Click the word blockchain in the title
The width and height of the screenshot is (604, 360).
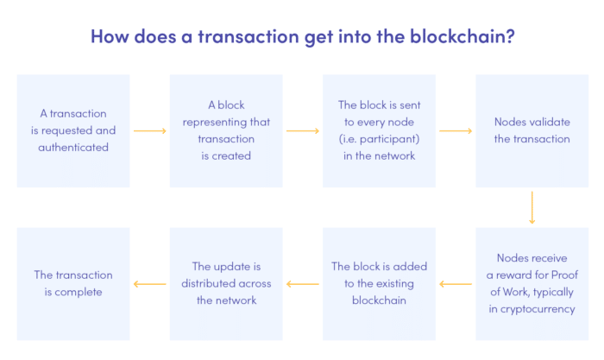[446, 38]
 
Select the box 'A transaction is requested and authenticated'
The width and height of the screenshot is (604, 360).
[73, 130]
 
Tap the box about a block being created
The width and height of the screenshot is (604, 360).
[226, 130]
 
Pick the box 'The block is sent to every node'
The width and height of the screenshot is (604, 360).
[379, 130]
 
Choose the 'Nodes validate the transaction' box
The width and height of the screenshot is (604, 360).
[532, 130]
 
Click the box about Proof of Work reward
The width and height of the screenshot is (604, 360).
[532, 283]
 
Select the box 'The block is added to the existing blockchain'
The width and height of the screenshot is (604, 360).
[379, 283]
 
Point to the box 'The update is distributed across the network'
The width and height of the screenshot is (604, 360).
[226, 283]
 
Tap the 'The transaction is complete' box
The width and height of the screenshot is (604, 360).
[73, 283]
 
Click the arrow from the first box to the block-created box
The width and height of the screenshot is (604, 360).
[149, 131]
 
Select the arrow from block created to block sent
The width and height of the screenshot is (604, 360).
[302, 131]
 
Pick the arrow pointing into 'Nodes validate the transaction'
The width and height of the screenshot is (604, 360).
[455, 131]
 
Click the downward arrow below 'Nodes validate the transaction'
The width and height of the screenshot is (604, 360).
[532, 207]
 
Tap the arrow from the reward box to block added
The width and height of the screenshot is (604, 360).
[455, 283]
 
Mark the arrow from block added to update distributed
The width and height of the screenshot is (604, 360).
[302, 283]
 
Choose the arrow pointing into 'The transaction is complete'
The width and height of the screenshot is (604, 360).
[149, 283]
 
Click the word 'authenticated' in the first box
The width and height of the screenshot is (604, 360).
[73, 148]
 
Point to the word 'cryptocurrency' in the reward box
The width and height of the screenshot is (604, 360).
[532, 308]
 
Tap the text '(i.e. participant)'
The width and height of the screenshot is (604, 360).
[379, 139]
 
